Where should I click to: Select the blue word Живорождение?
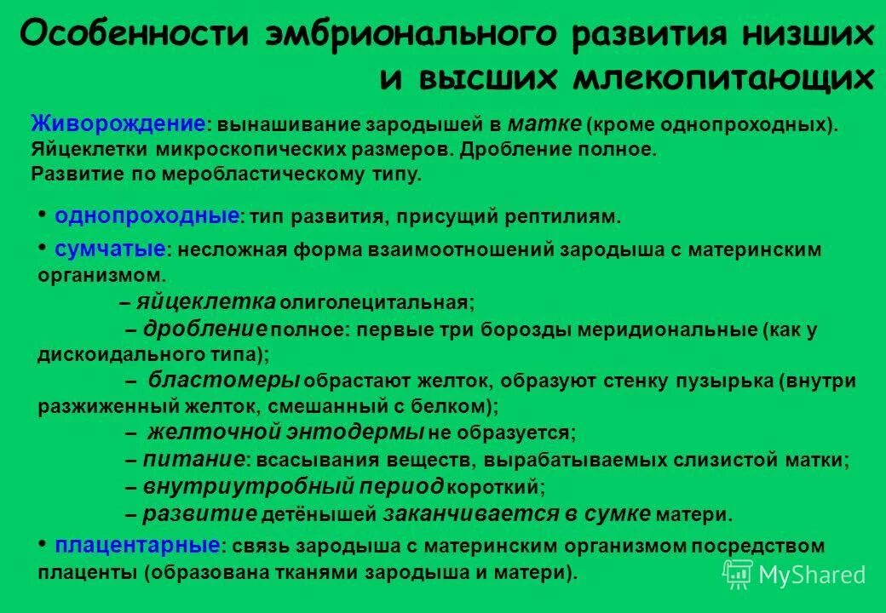pyautogui.click(x=118, y=123)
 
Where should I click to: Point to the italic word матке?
pyautogui.click(x=545, y=123)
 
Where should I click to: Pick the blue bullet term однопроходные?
pyautogui.click(x=147, y=215)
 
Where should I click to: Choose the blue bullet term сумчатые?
pyautogui.click(x=110, y=249)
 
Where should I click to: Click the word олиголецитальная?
pyautogui.click(x=375, y=302)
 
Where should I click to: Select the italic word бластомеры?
pyautogui.click(x=224, y=380)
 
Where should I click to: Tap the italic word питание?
pyautogui.click(x=193, y=460)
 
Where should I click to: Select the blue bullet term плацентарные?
pyautogui.click(x=138, y=544)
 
